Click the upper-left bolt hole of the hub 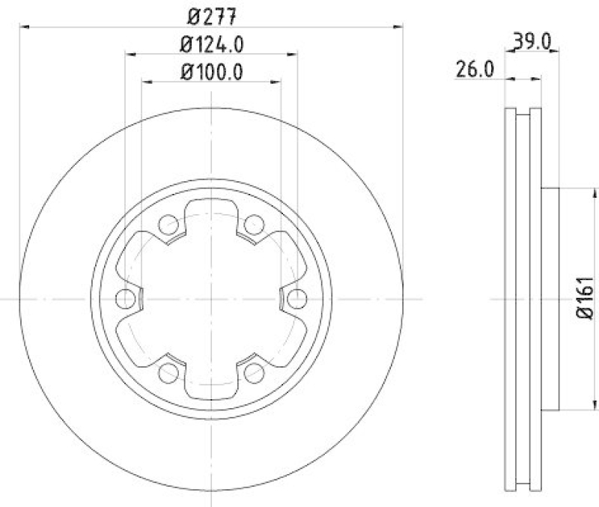coord(168,223)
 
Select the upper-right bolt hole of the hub coord(255,223)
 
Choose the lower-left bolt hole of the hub coord(168,372)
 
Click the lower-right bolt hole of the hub coord(255,372)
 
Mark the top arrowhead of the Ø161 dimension coord(574,192)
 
